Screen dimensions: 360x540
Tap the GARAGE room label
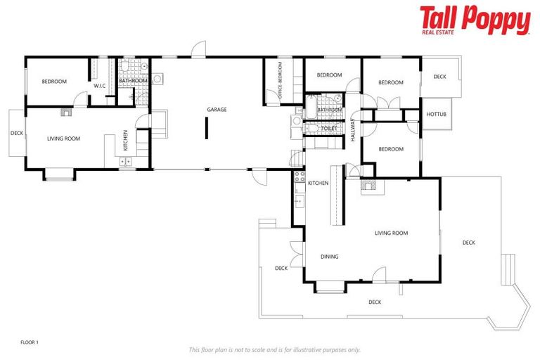pyautogui.click(x=217, y=110)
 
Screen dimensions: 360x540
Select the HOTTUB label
pyautogui.click(x=436, y=115)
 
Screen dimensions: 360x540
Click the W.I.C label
pyautogui.click(x=99, y=86)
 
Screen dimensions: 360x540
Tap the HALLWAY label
pyautogui.click(x=353, y=131)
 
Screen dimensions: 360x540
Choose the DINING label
pyautogui.click(x=329, y=257)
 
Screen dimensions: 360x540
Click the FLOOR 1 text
pyautogui.click(x=30, y=342)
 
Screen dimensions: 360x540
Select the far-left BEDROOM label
pyautogui.click(x=54, y=82)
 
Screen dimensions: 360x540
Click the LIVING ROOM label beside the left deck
pyautogui.click(x=63, y=139)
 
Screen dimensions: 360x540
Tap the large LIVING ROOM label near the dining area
pyautogui.click(x=391, y=233)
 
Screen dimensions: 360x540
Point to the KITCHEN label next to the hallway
pyautogui.click(x=318, y=183)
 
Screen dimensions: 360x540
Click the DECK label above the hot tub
pyautogui.click(x=439, y=77)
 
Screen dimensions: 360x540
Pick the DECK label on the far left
pyautogui.click(x=17, y=133)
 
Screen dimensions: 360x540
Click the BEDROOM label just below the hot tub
pyautogui.click(x=390, y=149)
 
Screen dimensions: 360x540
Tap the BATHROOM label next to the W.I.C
pyautogui.click(x=133, y=82)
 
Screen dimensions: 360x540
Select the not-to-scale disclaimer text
pyautogui.click(x=274, y=349)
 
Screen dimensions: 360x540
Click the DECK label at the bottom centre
pyautogui.click(x=375, y=302)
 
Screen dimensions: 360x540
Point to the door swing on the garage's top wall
pyautogui.click(x=199, y=51)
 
